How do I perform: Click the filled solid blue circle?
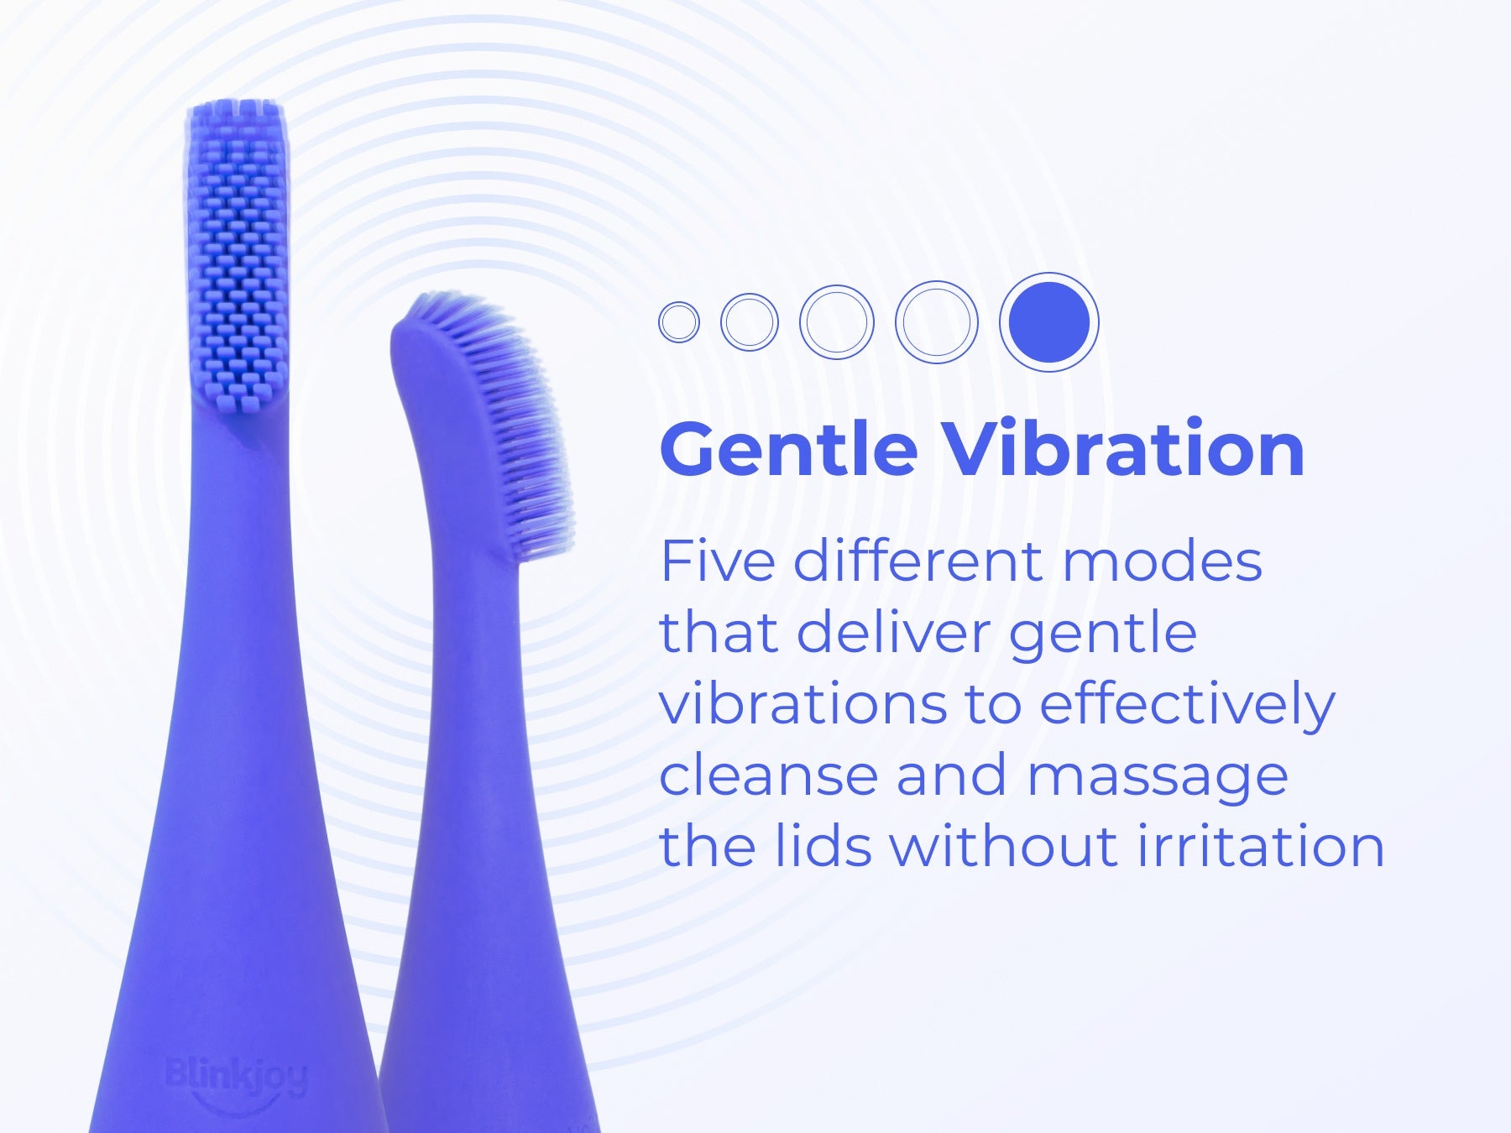point(1049,322)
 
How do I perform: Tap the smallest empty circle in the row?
point(679,322)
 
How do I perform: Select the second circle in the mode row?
point(750,322)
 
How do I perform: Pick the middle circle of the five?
point(837,322)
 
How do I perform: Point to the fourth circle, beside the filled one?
point(937,322)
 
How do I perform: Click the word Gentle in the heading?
point(789,449)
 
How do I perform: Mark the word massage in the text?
point(1157,776)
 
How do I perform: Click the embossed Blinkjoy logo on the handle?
point(237,1077)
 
